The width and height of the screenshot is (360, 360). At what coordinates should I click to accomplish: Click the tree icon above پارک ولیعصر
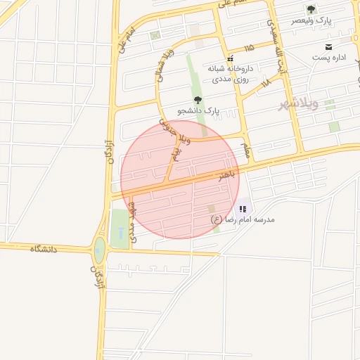pos(311,9)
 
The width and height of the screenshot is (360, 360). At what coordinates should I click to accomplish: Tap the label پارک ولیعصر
pos(313,21)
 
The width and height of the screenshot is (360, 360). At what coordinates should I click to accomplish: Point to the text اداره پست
pos(327,56)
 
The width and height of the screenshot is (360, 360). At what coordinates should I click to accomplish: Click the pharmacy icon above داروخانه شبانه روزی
pos(230,58)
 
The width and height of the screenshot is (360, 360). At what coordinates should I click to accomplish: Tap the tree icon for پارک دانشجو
pos(198,100)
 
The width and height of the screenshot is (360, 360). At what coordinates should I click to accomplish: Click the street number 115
pos(249,48)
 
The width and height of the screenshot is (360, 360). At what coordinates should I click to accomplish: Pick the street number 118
pos(265,83)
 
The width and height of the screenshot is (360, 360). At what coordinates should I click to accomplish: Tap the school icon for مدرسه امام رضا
pos(243,208)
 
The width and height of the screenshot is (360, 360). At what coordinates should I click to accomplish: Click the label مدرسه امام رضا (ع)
pos(243,219)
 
